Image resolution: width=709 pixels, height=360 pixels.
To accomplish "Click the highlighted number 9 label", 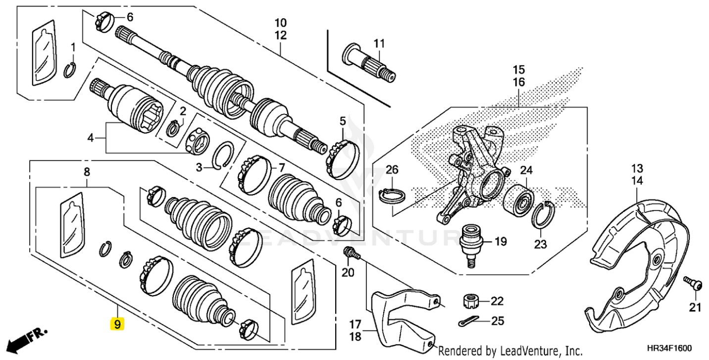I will coord(117,324).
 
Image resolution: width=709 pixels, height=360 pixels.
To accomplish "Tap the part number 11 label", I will coord(379,44).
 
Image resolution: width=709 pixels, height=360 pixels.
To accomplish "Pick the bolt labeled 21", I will coord(693,284).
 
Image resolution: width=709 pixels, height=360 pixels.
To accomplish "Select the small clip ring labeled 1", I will coord(69,71).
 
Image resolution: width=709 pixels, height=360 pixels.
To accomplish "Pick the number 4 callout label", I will coord(91,138).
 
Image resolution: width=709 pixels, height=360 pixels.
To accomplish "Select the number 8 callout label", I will coord(87,172).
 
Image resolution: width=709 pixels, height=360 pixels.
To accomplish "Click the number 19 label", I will coord(501,242).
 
